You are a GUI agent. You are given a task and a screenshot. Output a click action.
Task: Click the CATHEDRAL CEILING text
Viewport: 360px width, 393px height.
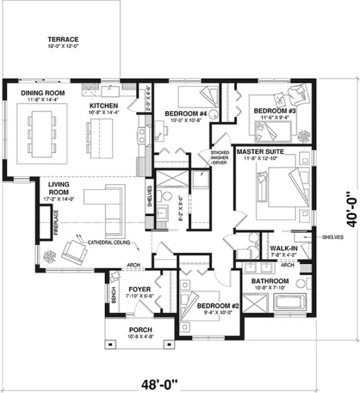[110, 243]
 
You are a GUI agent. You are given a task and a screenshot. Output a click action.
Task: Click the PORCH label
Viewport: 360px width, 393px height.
[140, 330]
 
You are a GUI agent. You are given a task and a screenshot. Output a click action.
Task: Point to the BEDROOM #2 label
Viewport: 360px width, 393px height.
[218, 306]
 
